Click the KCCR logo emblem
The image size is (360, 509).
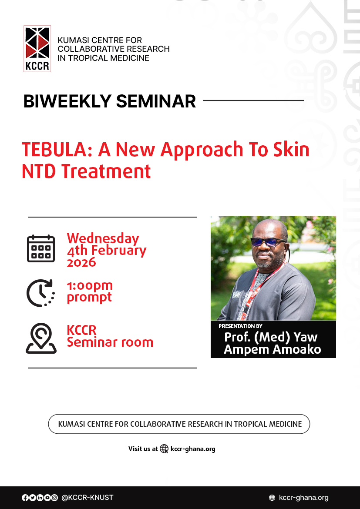point(37,48)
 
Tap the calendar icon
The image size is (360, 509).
point(41,249)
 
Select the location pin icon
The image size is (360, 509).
point(41,338)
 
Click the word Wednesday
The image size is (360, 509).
point(103,238)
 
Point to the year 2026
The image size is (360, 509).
point(81,262)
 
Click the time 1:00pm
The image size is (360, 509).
point(90,286)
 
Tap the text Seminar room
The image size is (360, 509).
point(110,342)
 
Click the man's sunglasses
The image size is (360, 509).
point(268,242)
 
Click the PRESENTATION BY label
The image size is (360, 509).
point(240,326)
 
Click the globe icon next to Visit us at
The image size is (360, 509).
point(164,449)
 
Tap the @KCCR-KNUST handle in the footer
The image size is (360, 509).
point(87,498)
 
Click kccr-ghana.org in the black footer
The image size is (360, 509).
point(303,498)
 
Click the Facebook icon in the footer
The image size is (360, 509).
point(25,498)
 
